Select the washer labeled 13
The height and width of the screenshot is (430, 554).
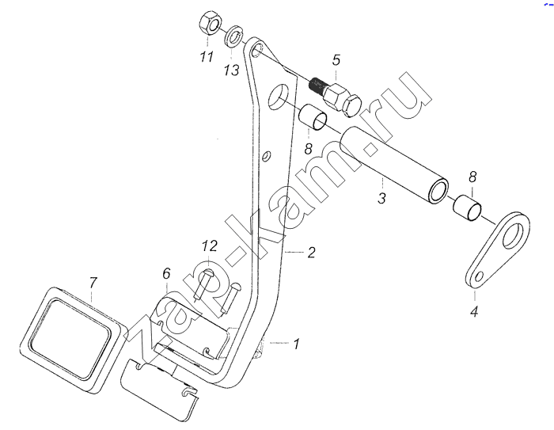(233, 36)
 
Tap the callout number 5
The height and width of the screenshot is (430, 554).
(336, 60)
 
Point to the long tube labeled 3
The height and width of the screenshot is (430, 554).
(393, 165)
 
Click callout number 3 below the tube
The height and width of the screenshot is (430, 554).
(381, 198)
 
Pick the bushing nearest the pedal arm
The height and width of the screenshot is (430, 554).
(313, 117)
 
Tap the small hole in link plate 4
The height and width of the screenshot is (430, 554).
(479, 276)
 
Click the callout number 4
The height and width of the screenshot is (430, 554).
(474, 312)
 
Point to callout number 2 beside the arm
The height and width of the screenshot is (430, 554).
(311, 253)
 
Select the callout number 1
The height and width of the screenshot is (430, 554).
(297, 344)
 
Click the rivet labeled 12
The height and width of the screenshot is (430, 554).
(203, 283)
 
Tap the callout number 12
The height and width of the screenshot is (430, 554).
(210, 245)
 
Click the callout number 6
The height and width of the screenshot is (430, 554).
(166, 273)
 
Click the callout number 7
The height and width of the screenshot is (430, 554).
(93, 283)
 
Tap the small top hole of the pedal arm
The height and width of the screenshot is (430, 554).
(257, 50)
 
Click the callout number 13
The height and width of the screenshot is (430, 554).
(231, 70)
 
